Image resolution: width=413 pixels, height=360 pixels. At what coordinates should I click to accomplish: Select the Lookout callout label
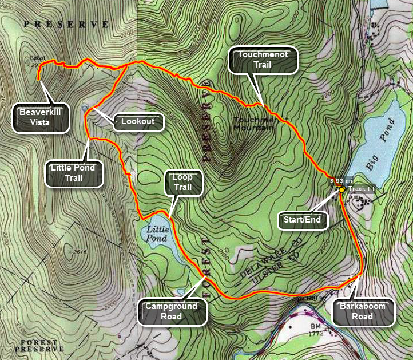138,121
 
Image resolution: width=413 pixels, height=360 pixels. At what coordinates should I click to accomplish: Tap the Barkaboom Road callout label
364,311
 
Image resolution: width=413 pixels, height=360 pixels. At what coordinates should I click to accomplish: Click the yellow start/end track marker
341,189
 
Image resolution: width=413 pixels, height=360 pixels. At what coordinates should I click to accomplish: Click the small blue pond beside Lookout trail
85,107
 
